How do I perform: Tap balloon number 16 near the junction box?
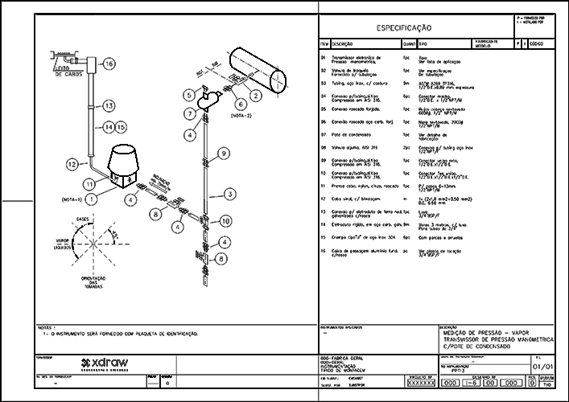tap(109, 64)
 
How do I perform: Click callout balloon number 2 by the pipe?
tap(256, 96)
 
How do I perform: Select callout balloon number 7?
tap(190, 113)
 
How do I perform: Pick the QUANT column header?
tap(410, 44)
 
